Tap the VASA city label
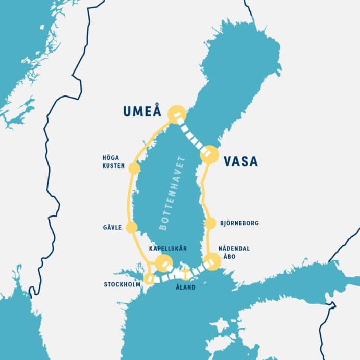(x=241, y=162)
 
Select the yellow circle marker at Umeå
(x=177, y=113)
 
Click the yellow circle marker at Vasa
(x=209, y=154)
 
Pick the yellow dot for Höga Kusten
(x=134, y=168)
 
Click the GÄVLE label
(x=112, y=227)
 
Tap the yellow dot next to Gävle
(x=132, y=227)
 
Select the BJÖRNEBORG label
(x=240, y=223)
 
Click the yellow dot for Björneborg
(x=210, y=223)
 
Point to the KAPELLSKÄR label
(x=168, y=248)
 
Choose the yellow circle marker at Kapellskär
(x=163, y=263)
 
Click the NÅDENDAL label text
(x=234, y=248)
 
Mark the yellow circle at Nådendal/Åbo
(x=211, y=261)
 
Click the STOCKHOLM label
(x=122, y=284)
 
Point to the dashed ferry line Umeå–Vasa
(x=193, y=134)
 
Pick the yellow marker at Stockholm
(x=149, y=278)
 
